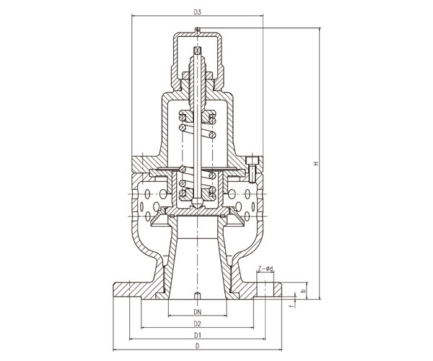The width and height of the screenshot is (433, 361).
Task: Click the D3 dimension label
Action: click(x=197, y=12)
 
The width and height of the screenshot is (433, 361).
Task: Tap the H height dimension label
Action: click(x=316, y=163)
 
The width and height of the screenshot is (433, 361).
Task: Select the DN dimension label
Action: click(x=197, y=312)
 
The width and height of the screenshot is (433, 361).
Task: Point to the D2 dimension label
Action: click(x=197, y=323)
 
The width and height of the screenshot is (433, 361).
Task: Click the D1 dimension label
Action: click(x=197, y=336)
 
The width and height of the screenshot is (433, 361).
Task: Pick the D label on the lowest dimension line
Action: click(x=197, y=347)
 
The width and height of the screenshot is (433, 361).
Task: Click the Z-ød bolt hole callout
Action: click(x=266, y=269)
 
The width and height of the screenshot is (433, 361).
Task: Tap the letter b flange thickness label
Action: click(x=303, y=290)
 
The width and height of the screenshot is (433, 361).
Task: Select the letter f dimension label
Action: click(x=290, y=306)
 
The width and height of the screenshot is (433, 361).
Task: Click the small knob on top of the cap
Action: click(x=197, y=30)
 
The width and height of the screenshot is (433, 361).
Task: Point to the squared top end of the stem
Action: click(x=197, y=51)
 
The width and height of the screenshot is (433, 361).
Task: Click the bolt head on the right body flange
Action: click(x=252, y=160)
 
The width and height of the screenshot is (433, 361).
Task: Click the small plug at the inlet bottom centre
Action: click(x=197, y=296)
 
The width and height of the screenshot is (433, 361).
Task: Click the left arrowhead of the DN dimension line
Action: click(x=170, y=316)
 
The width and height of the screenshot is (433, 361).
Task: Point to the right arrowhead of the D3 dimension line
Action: click(x=261, y=16)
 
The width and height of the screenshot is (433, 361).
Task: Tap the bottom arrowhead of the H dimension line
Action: click(x=320, y=297)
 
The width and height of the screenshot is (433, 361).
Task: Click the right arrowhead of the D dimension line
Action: click(x=279, y=350)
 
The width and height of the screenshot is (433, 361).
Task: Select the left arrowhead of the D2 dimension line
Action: click(x=144, y=328)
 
